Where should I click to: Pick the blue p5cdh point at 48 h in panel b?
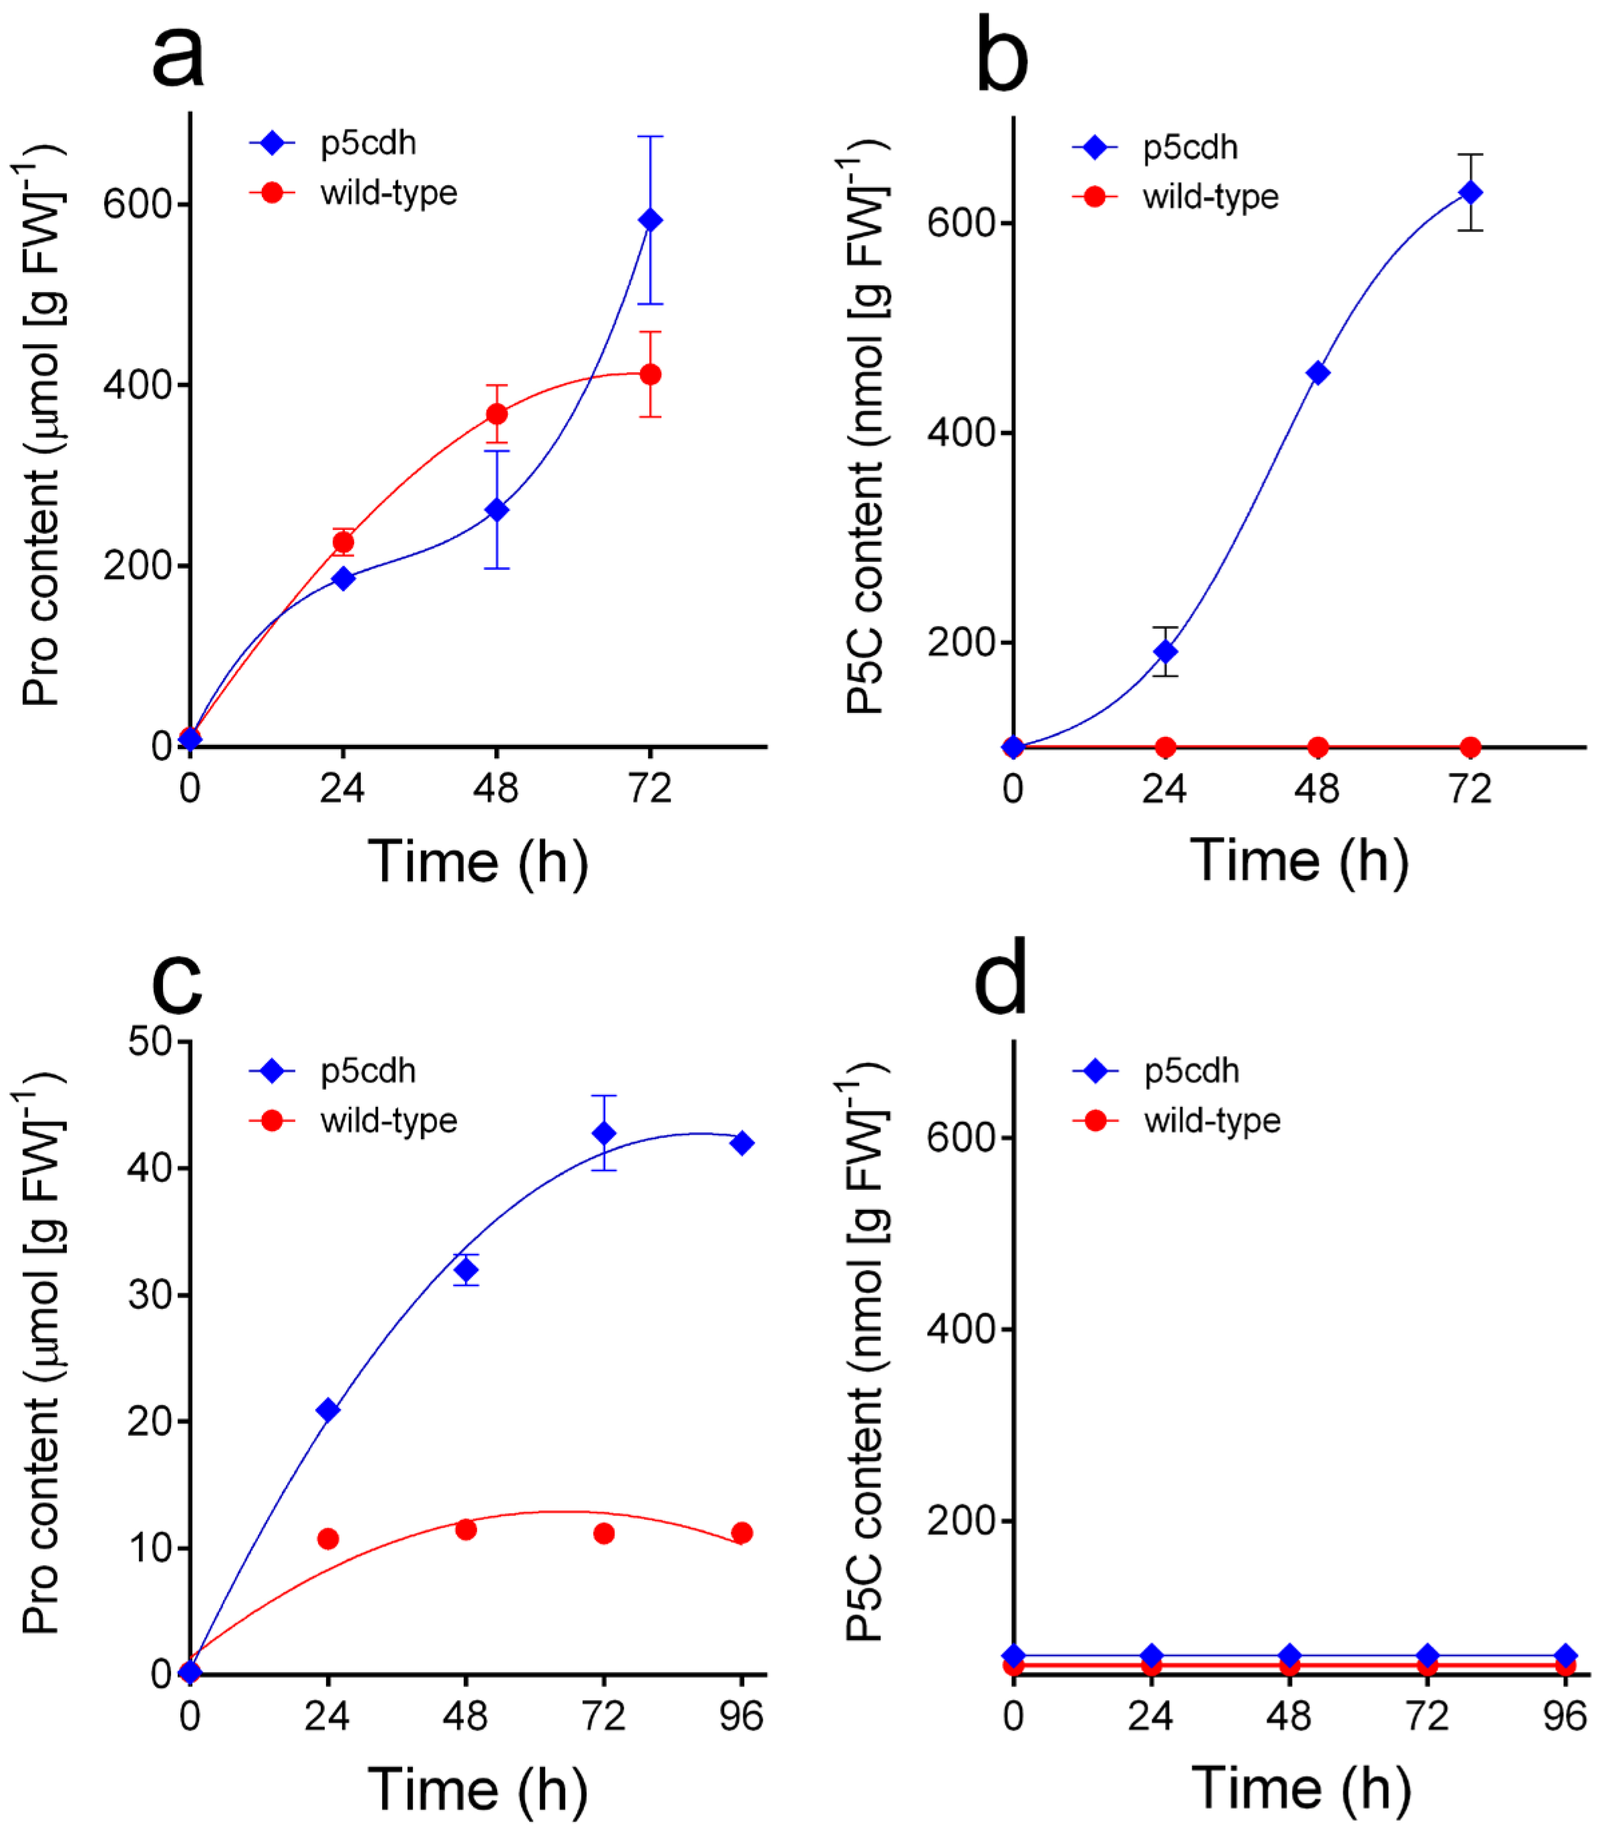[x=1317, y=373]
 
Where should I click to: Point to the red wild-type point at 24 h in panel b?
[x=1164, y=746]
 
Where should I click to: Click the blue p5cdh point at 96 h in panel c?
[x=741, y=1142]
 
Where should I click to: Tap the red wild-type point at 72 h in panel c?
[x=604, y=1533]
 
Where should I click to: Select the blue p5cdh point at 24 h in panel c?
[x=327, y=1410]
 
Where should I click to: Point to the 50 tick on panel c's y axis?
[x=149, y=1041]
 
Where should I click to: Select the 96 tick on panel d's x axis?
[x=1565, y=1716]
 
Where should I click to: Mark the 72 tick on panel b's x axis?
[x=1470, y=788]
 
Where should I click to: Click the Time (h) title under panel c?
[x=478, y=1788]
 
